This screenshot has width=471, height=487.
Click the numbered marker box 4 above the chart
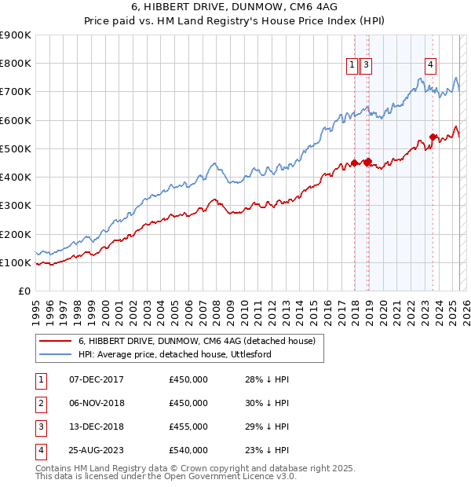point(431,66)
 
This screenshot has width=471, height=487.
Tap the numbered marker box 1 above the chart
point(352,66)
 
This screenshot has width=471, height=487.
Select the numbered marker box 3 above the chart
point(367,66)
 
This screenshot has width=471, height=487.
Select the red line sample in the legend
point(55,341)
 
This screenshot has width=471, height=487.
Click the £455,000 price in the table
point(188,427)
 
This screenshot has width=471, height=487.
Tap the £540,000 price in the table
point(188,450)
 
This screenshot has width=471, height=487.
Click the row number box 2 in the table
point(40,403)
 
